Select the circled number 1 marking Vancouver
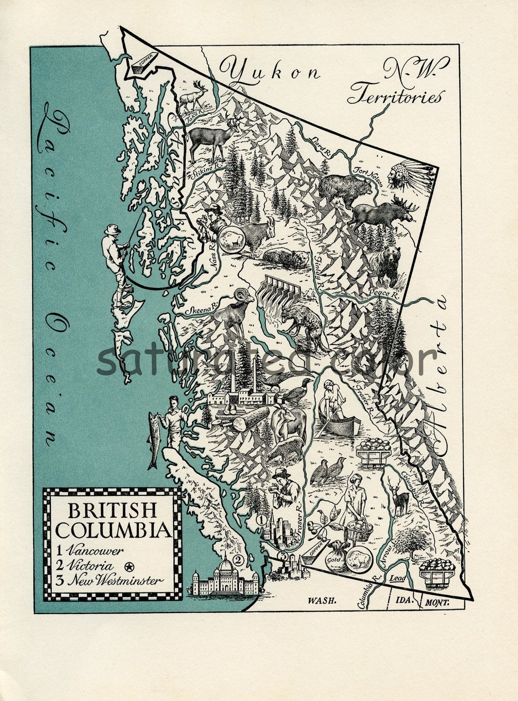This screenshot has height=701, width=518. point(260,519)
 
